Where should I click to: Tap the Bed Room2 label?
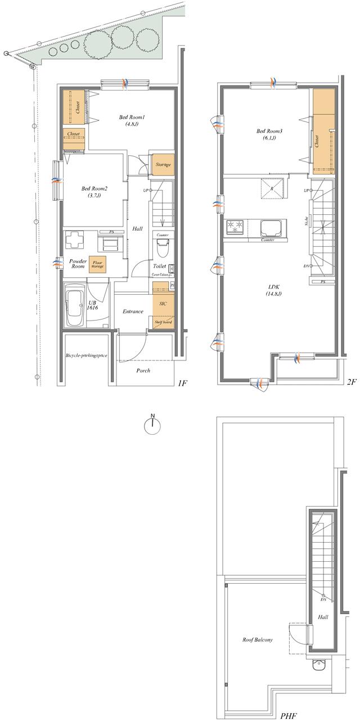click(90, 192)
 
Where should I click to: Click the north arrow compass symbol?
click(152, 426)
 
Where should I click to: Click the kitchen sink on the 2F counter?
click(273, 228)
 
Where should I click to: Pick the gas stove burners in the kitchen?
click(234, 227)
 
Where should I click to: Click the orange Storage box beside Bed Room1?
click(163, 165)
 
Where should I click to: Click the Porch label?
click(143, 371)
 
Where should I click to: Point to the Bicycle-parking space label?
click(87, 356)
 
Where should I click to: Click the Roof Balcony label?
click(258, 639)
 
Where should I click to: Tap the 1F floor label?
click(182, 384)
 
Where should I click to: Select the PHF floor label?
click(288, 716)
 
